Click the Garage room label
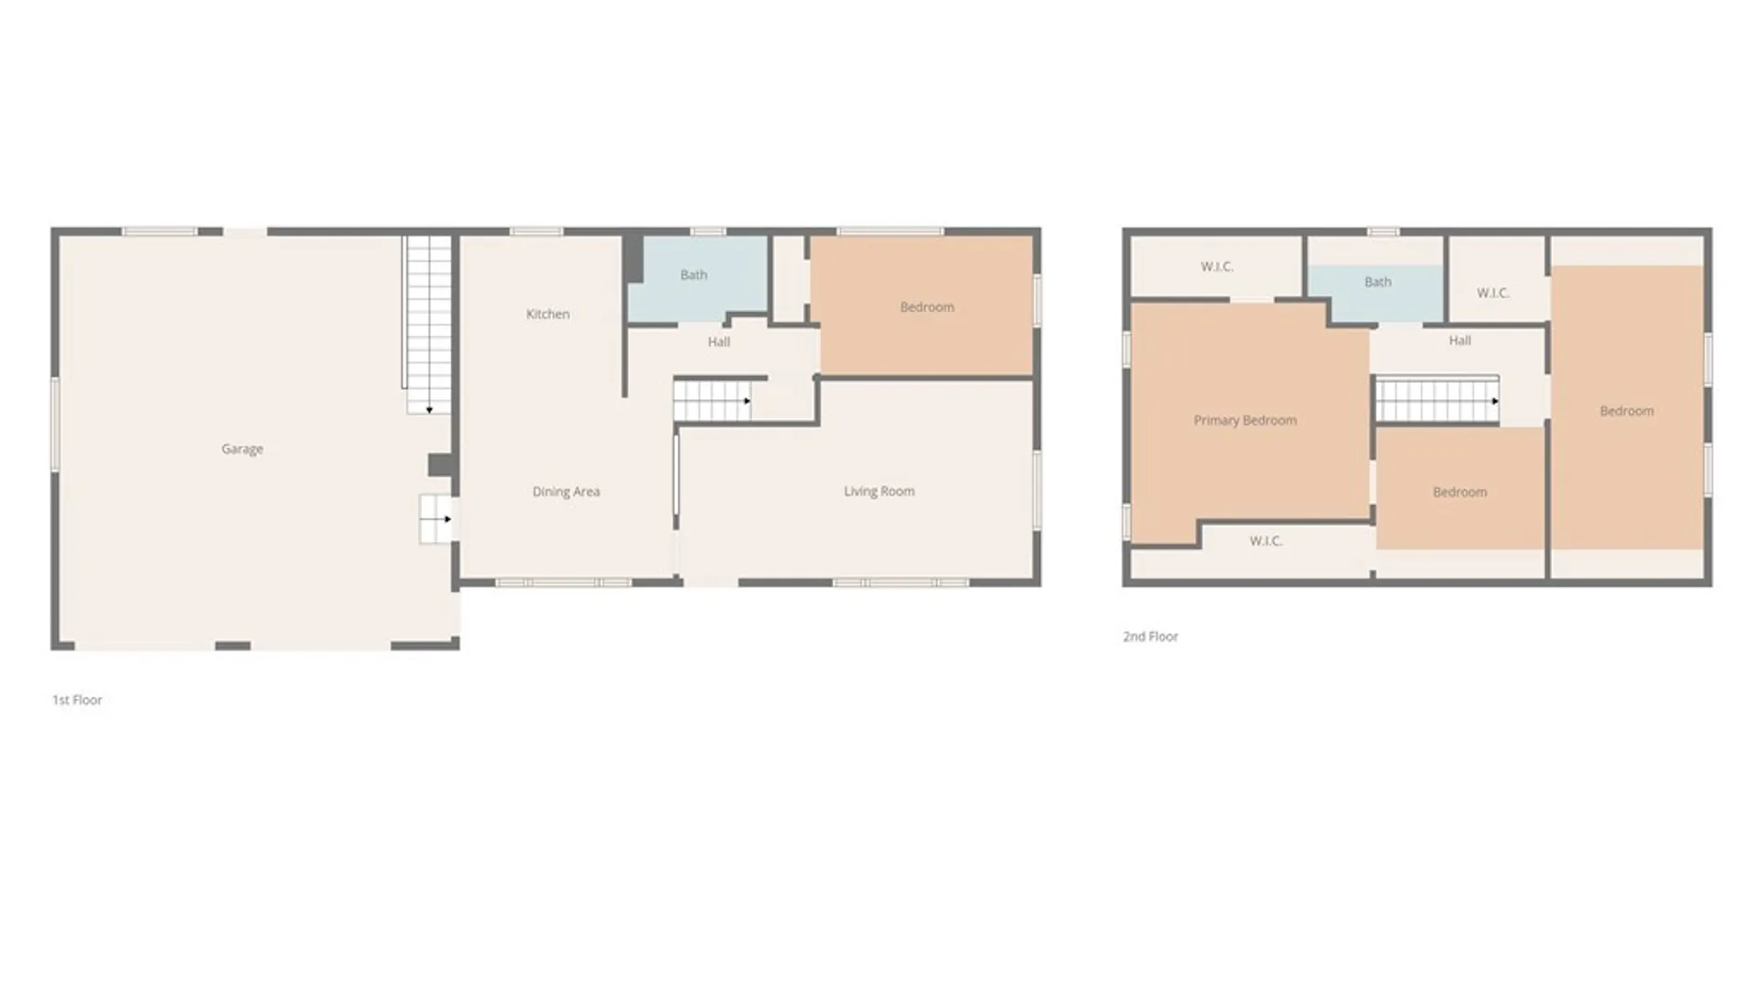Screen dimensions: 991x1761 242,449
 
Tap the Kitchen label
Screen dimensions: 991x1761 548,314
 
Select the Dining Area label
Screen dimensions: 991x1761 566,492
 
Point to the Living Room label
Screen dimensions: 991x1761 879,491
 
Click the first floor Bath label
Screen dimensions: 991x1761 693,274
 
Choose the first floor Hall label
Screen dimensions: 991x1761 718,342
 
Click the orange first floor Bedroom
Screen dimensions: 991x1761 926,306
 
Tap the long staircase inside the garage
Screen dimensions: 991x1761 429,321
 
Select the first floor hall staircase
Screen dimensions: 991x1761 712,401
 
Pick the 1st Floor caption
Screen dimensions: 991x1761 77,700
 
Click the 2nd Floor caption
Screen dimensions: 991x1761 1150,637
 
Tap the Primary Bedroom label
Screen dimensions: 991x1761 1245,420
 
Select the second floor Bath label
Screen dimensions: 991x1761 1378,282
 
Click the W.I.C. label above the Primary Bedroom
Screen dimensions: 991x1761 1216,267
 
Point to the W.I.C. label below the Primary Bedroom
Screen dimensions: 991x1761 1266,541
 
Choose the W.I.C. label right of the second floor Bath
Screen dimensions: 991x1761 1492,294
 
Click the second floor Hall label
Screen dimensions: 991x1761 1459,340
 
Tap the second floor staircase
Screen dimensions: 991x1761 1436,401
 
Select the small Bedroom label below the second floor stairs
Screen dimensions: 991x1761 1459,493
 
